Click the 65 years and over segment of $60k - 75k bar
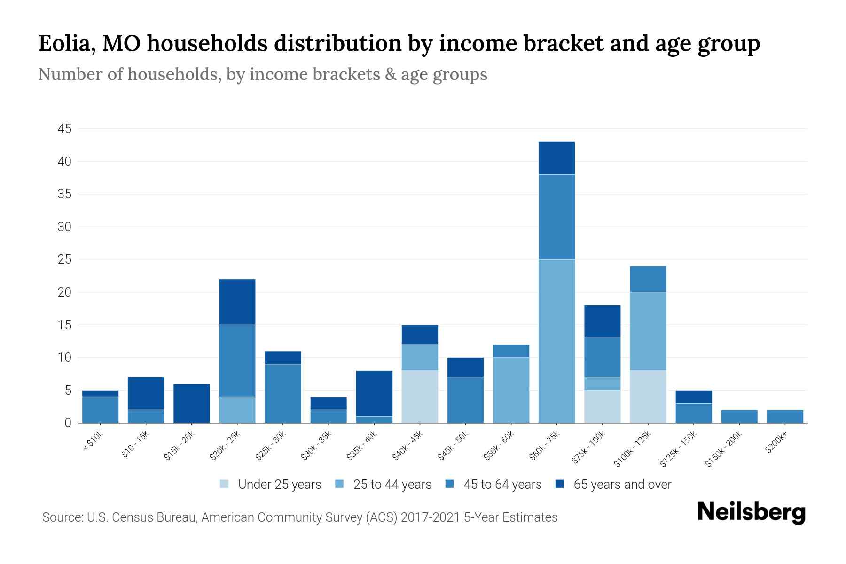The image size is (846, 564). point(556,158)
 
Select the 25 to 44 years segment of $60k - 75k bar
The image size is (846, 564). point(556,341)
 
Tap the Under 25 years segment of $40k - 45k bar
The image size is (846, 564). point(420,397)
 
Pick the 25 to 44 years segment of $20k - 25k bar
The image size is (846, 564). point(237,410)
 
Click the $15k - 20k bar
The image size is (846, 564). point(192,403)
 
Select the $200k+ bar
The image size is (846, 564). point(785,416)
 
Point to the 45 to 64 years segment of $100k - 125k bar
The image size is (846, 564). point(648,279)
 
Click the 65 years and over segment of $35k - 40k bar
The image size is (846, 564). point(374,393)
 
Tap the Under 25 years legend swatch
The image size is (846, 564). point(225,484)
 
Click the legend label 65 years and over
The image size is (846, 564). point(622,485)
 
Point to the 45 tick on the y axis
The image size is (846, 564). point(65,129)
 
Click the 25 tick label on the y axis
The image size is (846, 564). point(65,259)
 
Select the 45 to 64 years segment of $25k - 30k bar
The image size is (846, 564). point(283,393)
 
